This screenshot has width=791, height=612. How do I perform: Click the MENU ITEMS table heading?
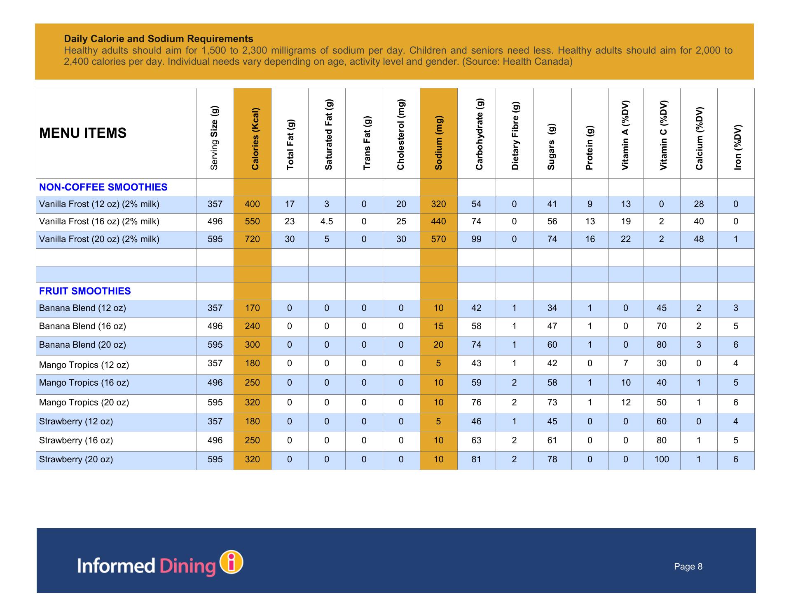(83, 133)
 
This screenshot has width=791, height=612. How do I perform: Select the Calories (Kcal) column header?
(255, 139)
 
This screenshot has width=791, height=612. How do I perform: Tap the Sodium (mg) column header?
(438, 143)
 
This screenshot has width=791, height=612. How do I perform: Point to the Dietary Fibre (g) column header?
(515, 136)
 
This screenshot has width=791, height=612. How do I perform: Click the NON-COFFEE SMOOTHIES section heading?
(103, 187)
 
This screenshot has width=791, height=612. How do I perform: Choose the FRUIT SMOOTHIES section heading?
(85, 291)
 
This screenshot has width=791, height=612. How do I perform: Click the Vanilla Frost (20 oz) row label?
(99, 239)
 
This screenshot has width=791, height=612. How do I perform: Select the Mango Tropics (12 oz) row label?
(84, 365)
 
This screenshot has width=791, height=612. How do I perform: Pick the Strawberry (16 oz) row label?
(76, 440)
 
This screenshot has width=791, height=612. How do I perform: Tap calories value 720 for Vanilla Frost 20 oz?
(252, 239)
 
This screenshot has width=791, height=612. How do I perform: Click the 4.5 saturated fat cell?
(327, 221)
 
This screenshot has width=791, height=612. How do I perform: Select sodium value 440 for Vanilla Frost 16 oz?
(438, 221)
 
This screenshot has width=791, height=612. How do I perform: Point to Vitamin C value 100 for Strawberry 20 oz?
(662, 459)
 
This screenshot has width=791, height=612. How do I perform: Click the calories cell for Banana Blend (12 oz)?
(252, 308)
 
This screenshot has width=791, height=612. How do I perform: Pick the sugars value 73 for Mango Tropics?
(552, 403)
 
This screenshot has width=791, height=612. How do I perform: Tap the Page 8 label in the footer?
(688, 567)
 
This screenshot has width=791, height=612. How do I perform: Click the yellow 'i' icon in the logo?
(232, 562)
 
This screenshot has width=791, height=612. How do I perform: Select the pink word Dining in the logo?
(187, 566)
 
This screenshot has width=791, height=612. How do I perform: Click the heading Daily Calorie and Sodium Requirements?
(159, 39)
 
